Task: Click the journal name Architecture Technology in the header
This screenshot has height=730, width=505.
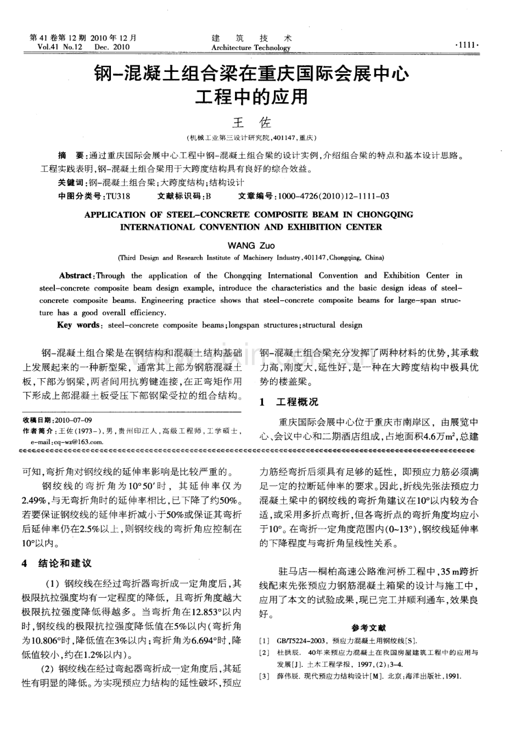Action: tap(251, 48)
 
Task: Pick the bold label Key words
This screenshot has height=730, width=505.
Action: tap(77, 325)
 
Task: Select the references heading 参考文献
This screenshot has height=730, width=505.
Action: tap(369, 627)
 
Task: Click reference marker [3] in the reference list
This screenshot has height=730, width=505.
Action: tap(264, 676)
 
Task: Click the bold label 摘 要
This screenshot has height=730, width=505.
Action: tap(71, 156)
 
